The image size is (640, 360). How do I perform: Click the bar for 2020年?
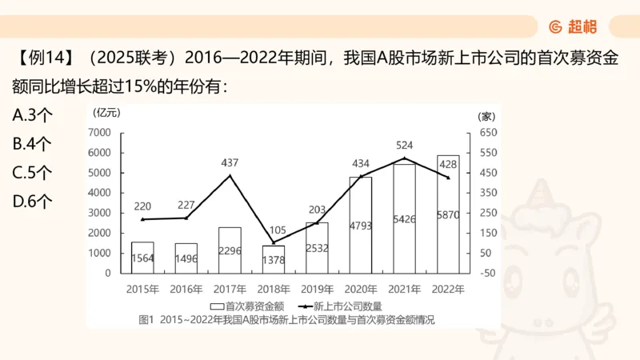361,225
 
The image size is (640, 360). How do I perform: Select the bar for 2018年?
274,259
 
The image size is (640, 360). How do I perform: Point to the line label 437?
230,162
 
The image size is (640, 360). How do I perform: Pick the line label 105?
274,229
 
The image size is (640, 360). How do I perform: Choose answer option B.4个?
33,144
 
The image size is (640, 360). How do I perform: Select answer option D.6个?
33,202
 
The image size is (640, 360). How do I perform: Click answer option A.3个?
33,115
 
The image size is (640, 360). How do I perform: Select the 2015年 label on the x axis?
142,288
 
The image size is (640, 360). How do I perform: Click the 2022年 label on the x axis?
448,288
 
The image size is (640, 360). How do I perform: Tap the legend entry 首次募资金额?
247,306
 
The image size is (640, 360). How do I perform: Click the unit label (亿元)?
106,113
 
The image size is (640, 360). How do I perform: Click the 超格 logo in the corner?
574,26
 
